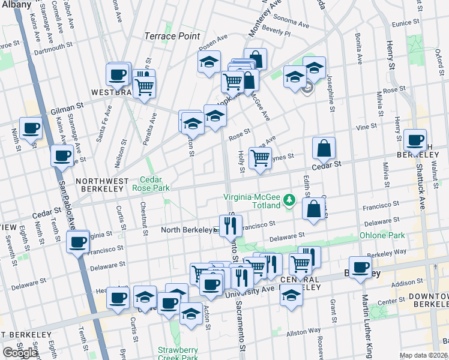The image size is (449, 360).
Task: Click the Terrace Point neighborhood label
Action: [172, 36]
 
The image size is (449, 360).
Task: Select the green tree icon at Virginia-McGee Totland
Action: [289, 198]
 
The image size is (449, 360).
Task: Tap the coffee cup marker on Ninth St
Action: [30, 128]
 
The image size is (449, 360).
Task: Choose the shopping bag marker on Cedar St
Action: [324, 148]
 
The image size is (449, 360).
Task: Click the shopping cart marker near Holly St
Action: [260, 158]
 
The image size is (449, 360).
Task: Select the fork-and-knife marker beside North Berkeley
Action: [231, 226]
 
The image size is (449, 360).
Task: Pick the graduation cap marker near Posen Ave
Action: [209, 62]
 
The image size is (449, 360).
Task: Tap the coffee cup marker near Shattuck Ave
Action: [415, 140]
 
